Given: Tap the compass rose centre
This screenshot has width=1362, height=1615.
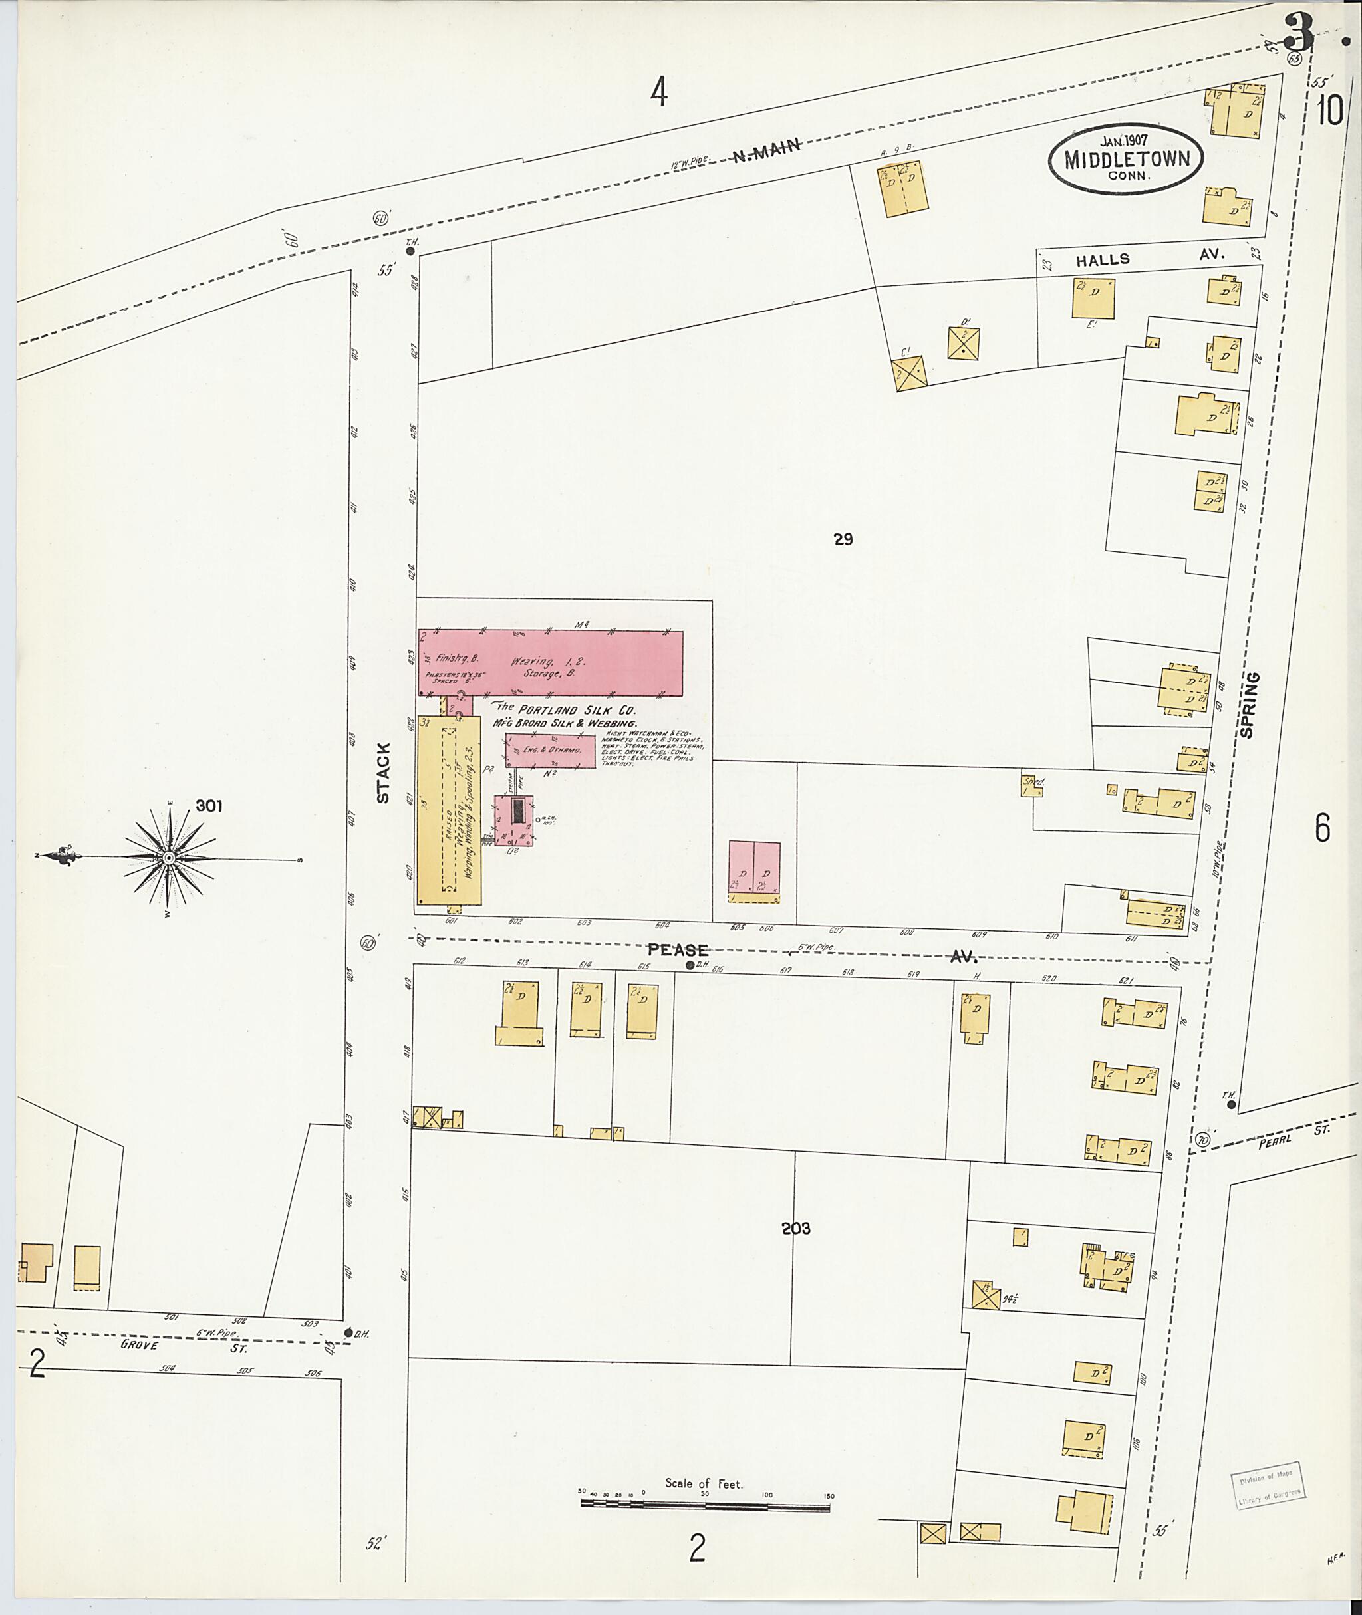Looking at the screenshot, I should (169, 858).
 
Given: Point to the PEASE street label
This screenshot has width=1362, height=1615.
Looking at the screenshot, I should (677, 950).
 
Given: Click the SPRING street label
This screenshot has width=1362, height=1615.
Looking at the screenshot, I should (1252, 705).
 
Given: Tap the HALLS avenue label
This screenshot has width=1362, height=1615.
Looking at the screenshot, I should (1103, 260).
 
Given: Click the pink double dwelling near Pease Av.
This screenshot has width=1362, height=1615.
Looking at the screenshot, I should (754, 872).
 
